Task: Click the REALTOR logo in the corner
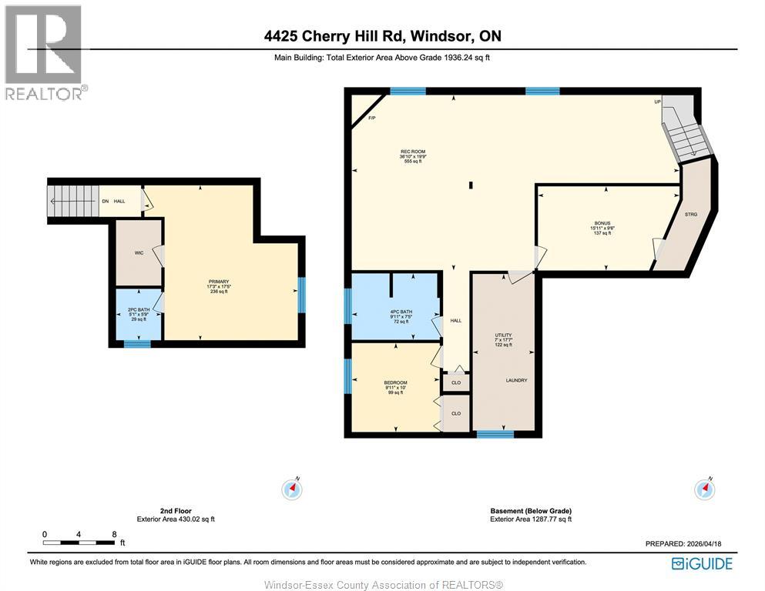45,52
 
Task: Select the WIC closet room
139,252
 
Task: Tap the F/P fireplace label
371,118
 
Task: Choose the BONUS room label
602,224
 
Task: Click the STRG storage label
690,214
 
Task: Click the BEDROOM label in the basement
394,382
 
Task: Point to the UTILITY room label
503,336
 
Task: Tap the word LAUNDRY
516,380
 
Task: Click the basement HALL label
455,321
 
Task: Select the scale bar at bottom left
79,543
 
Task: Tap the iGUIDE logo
702,563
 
